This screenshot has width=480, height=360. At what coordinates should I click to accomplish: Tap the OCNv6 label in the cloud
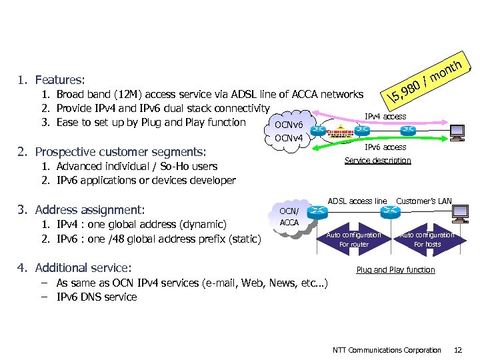point(289,125)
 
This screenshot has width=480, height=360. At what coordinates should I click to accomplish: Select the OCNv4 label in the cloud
point(289,138)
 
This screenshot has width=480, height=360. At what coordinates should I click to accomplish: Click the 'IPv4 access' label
point(385,117)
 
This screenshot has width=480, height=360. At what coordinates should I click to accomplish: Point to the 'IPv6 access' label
point(385,147)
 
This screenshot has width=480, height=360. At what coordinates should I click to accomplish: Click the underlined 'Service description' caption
point(377,161)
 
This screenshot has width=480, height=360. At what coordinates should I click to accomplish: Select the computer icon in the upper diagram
point(457,133)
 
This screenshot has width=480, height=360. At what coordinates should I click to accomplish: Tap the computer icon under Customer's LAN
point(459,213)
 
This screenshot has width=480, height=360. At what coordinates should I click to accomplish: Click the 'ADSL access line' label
point(357,201)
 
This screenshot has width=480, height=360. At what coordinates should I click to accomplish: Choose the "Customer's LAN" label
point(423,201)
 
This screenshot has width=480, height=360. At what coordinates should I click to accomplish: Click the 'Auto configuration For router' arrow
point(353,239)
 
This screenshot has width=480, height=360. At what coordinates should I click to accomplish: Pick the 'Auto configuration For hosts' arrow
point(427,239)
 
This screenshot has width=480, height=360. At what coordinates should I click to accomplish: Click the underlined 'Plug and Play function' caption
point(395,270)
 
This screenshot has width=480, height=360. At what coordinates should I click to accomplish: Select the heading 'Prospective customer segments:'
point(120,152)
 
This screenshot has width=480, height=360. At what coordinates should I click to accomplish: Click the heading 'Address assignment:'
point(89,209)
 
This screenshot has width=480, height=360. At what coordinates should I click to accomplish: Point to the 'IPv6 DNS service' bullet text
point(97,297)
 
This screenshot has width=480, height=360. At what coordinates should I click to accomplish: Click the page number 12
point(457,350)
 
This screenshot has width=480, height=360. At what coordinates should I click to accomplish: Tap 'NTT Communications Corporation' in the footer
point(387,350)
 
